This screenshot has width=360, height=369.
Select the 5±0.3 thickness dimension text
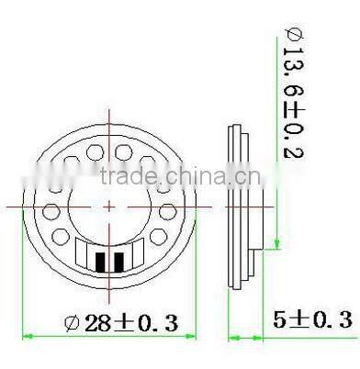[x=312, y=319]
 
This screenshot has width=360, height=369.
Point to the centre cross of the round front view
[x=110, y=207]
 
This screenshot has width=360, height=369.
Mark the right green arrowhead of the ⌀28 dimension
[x=196, y=336]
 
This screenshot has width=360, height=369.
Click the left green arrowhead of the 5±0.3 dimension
[x=232, y=336]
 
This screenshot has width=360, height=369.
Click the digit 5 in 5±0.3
[x=280, y=319]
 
